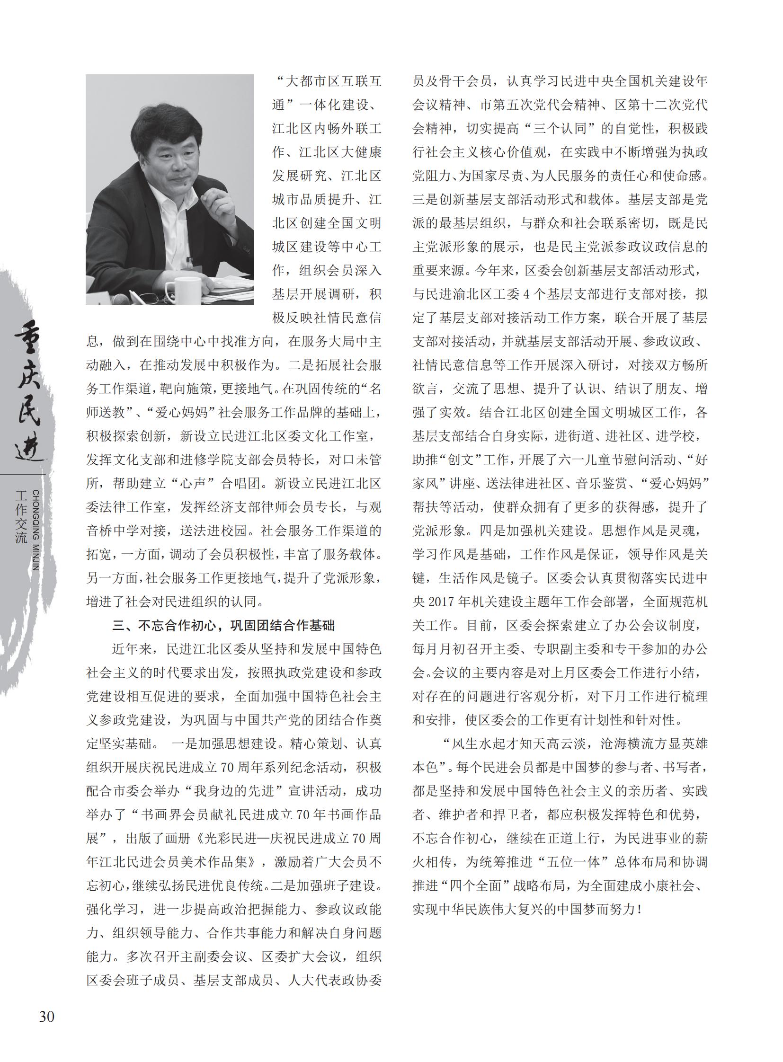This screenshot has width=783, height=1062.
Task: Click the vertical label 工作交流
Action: [x=21, y=517]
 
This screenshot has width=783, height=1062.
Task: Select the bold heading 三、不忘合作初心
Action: [x=223, y=626]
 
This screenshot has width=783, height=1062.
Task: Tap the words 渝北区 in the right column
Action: [x=479, y=294]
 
